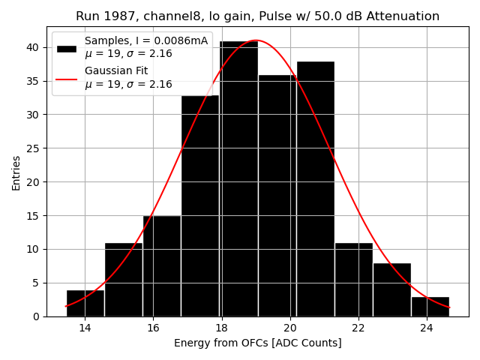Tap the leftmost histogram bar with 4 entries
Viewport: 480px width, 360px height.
pyautogui.click(x=85, y=303)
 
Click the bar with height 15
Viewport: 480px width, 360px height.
pyautogui.click(x=162, y=266)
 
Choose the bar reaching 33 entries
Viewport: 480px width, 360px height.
pyautogui.click(x=200, y=205)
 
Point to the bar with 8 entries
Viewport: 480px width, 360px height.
pyautogui.click(x=391, y=289)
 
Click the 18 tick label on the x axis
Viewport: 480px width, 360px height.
pyautogui.click(x=221, y=328)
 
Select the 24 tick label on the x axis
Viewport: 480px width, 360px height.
pyautogui.click(x=427, y=328)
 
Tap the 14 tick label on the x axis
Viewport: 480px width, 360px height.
pyautogui.click(x=85, y=328)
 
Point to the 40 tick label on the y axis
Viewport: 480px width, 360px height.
pyautogui.click(x=34, y=47)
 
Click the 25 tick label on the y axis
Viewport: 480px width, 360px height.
pyautogui.click(x=34, y=148)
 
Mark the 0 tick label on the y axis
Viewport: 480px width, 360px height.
pyautogui.click(x=37, y=316)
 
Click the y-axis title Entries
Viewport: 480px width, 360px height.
pyautogui.click(x=16, y=172)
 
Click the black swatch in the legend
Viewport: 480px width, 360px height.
pyautogui.click(x=67, y=48)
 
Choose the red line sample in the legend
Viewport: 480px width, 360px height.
pyautogui.click(x=67, y=78)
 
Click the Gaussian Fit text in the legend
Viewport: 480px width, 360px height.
pyautogui.click(x=116, y=70)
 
